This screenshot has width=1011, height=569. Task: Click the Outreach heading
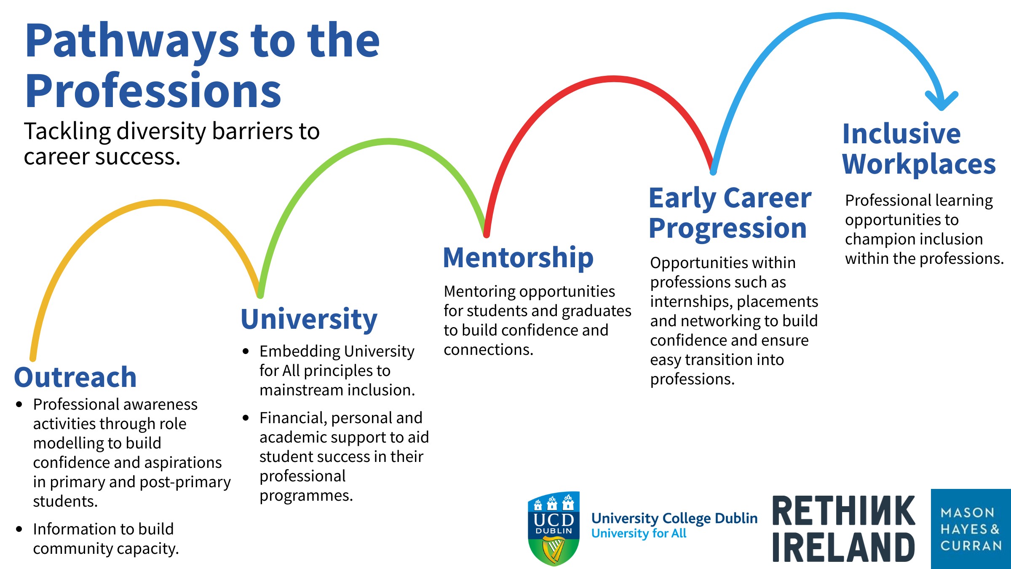point(75,377)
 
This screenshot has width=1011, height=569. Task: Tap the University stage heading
point(309,319)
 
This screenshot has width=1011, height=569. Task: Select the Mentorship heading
point(518,258)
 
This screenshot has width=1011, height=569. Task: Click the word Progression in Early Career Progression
point(727,228)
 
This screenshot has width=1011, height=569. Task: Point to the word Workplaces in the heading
point(919,164)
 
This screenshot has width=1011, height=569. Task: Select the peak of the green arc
point(388,142)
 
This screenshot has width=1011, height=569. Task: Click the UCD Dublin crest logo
point(554,529)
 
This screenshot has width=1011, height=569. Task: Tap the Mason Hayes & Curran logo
point(971,529)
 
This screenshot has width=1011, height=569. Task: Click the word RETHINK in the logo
point(843,511)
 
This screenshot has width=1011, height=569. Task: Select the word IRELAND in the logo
point(843,547)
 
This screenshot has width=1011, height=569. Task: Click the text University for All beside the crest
point(639,534)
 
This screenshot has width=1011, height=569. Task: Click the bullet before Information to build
point(19,529)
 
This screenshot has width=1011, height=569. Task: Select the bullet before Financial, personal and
point(246,418)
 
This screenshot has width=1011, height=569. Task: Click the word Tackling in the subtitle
point(67,131)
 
